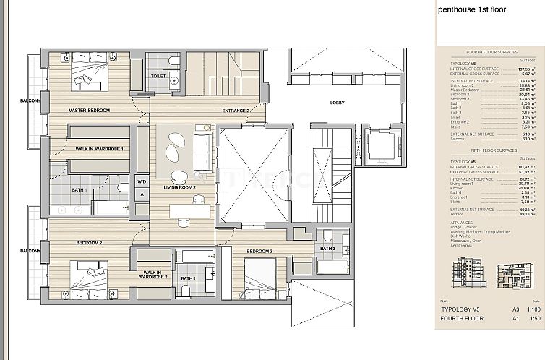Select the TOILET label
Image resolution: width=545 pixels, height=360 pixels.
158,76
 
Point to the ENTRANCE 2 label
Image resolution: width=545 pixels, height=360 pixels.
236,111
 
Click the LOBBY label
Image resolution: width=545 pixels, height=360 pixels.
338,102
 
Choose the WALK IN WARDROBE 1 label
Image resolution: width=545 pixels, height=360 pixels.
100,149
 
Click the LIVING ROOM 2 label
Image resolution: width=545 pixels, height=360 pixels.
180,187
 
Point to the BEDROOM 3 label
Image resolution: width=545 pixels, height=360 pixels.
259,251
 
